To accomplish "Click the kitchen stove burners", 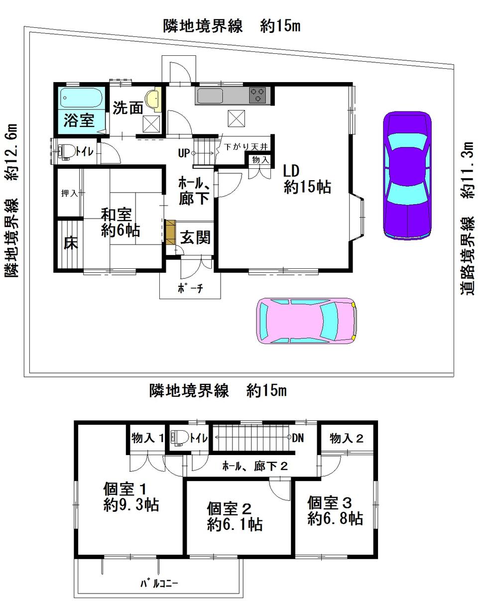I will coord(258,95).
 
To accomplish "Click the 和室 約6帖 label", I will coord(120,223).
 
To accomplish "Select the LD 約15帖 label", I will coord(307,179).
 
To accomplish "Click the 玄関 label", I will coord(195,238).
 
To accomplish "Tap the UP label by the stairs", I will coord(183,153).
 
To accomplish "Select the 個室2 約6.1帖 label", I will coord(235,516).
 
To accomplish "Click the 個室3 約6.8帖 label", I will coord(335,510).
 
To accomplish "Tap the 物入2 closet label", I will coord(346,438).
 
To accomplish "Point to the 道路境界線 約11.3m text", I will coord(468,219).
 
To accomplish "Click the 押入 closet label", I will coord(69,193).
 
